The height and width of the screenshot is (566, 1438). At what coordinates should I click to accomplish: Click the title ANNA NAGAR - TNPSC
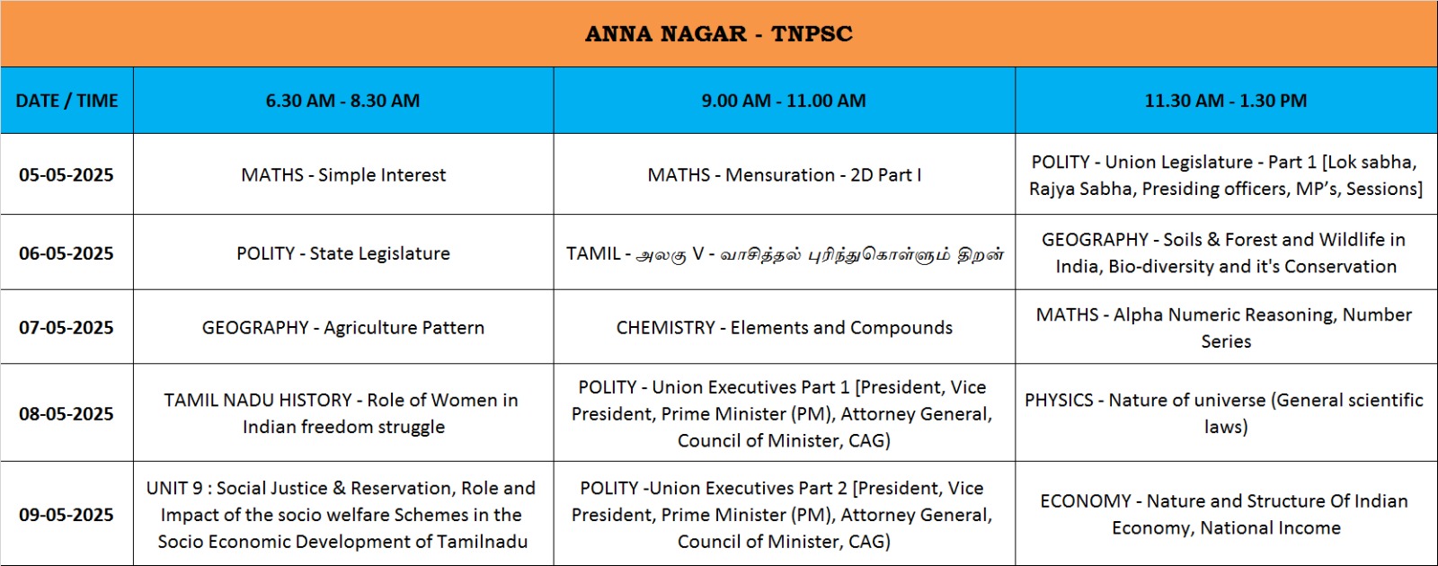[x=718, y=33]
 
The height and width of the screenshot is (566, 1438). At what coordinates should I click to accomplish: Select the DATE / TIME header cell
[x=67, y=101]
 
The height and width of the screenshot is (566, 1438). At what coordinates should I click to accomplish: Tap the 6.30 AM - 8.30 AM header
[x=342, y=101]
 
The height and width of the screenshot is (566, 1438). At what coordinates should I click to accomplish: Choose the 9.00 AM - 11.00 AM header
[x=784, y=101]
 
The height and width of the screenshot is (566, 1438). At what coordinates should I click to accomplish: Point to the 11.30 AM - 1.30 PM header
[x=1226, y=101]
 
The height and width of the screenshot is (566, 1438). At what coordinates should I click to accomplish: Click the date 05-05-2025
[x=67, y=174]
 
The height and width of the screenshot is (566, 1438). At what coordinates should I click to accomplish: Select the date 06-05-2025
[x=67, y=252]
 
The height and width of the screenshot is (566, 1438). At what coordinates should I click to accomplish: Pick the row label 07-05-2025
[x=67, y=327]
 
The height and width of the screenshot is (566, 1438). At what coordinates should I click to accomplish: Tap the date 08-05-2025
[x=67, y=413]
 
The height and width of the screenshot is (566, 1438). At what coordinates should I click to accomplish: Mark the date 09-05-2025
[x=67, y=514]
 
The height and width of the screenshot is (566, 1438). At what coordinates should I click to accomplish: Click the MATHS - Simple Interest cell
[x=343, y=174]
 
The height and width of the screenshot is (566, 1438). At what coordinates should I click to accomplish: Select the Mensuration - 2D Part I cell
[x=784, y=174]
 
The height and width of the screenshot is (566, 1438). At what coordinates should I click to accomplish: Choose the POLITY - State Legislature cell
[x=343, y=252]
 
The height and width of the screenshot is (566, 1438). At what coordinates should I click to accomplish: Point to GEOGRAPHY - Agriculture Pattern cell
[x=343, y=327]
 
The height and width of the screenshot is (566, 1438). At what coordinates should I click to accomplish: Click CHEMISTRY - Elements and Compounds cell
[x=784, y=327]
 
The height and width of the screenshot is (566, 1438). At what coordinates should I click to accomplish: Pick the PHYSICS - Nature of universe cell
[x=1225, y=413]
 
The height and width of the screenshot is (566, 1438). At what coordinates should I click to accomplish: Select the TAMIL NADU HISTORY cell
[x=342, y=413]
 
